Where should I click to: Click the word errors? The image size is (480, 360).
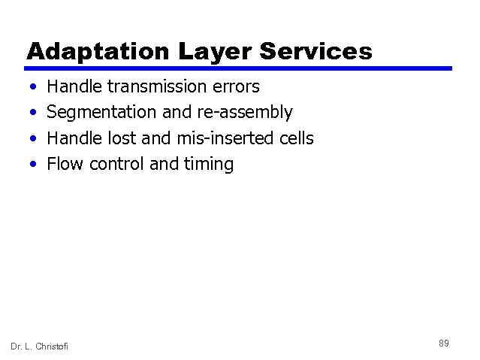pyautogui.click(x=236, y=87)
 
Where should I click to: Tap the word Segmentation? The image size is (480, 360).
pyautogui.click(x=102, y=113)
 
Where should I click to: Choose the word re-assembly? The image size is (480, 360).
pyautogui.click(x=245, y=113)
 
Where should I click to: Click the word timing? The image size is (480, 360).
pyautogui.click(x=209, y=164)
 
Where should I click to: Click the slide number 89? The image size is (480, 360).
pyautogui.click(x=444, y=343)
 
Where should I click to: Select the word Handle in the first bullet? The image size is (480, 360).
pyautogui.click(x=71, y=87)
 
